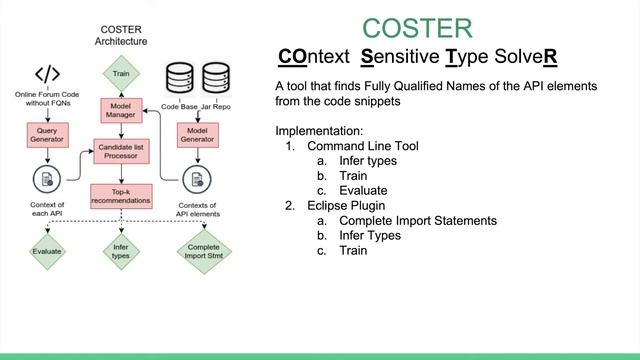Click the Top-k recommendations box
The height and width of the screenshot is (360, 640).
[x=121, y=195]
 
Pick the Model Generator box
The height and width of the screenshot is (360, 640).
[x=196, y=133]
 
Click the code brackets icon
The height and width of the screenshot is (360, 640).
[x=47, y=76]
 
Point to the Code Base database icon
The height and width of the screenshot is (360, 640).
[x=180, y=78]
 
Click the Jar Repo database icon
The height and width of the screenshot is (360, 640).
[x=216, y=78]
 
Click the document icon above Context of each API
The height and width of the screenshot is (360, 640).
[x=46, y=179]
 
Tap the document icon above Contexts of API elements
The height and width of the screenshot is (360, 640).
[x=196, y=179]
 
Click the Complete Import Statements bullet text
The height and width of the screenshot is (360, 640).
[x=418, y=220]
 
